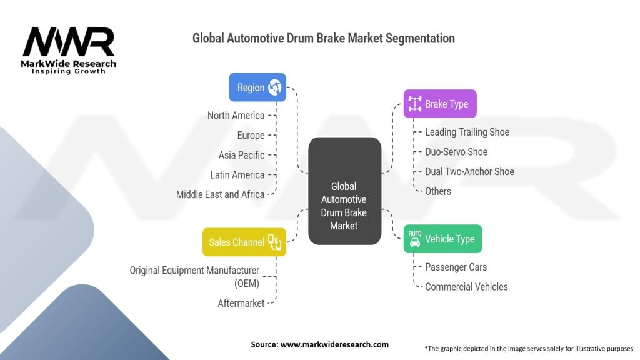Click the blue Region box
(x=257, y=87)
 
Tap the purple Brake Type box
(x=439, y=104)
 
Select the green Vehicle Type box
(x=442, y=239)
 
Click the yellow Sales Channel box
(x=244, y=242)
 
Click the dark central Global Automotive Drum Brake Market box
(x=344, y=191)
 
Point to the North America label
(x=236, y=116)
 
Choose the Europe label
(x=251, y=135)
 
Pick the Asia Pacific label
(x=241, y=155)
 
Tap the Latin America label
(x=237, y=175)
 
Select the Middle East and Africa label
(x=220, y=194)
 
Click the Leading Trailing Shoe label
(x=467, y=132)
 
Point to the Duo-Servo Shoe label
(x=456, y=152)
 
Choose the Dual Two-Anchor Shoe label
(x=469, y=171)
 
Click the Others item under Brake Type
(x=437, y=191)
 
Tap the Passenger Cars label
(x=456, y=267)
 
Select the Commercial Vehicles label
(x=466, y=287)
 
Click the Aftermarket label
(x=241, y=303)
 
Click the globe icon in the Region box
(x=275, y=87)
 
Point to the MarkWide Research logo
(x=69, y=49)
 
